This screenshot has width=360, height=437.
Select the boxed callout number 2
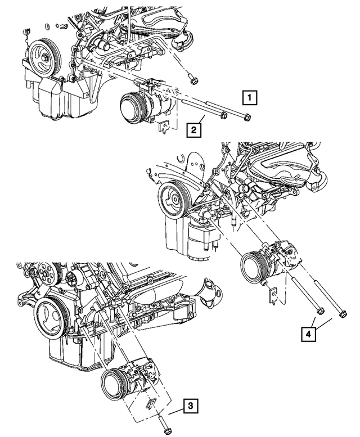[x=194, y=131]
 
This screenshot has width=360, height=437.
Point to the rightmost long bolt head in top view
[x=247, y=118]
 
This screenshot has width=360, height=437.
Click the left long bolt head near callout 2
[x=223, y=116]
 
